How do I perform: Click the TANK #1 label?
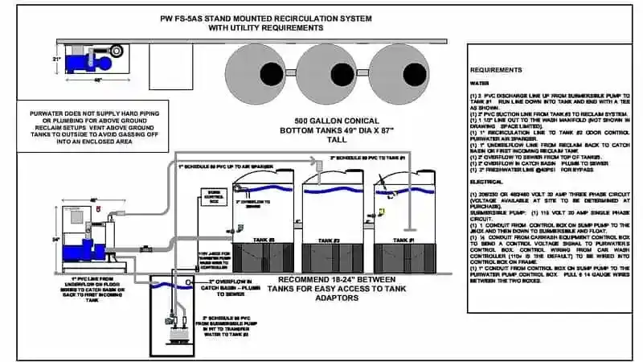(402, 241)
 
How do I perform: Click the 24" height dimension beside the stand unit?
(55, 238)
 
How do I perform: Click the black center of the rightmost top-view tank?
(401, 72)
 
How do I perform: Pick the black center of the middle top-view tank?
(329, 72)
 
